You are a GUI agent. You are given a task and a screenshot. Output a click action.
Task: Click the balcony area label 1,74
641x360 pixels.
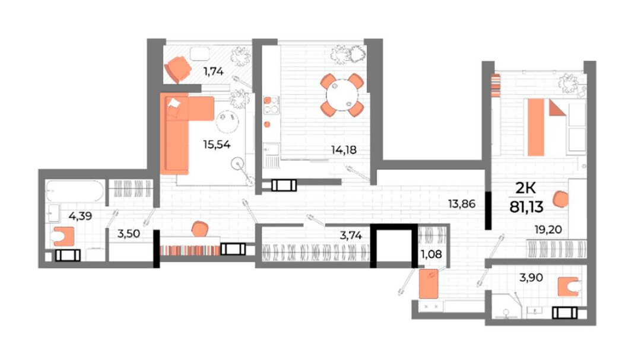click(214, 72)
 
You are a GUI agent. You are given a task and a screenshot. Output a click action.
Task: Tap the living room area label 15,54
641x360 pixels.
click(217, 144)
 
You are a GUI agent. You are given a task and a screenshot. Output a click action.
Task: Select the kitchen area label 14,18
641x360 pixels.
click(344, 150)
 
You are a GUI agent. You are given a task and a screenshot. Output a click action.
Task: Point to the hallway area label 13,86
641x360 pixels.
click(462, 204)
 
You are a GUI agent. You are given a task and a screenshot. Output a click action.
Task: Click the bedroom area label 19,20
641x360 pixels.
click(548, 230)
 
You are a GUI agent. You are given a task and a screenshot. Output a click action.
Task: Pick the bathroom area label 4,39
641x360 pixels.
click(80, 216)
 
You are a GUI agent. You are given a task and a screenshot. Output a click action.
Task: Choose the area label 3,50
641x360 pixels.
click(129, 234)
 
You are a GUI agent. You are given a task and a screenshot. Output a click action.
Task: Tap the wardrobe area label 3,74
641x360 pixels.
click(351, 235)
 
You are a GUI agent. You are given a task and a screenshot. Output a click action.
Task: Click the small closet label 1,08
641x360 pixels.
click(431, 254)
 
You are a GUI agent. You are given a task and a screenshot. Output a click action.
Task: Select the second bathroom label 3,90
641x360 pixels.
click(531, 278)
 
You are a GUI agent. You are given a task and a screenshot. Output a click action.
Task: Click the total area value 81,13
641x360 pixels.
click(526, 207)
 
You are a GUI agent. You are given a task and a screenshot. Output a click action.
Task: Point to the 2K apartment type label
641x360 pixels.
click(525, 188)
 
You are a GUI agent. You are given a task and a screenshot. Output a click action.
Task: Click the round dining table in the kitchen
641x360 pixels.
click(342, 95)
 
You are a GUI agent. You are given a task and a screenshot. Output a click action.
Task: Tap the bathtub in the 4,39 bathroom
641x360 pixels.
click(75, 191)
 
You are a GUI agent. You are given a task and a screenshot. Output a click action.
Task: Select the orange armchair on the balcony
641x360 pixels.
click(178, 69)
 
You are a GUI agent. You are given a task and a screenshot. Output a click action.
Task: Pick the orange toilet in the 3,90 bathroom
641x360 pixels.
click(569, 286)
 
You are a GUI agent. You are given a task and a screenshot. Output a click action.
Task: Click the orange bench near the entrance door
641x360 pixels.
click(429, 283)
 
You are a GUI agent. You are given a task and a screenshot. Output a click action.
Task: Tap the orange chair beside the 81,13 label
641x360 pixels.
click(560, 199)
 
